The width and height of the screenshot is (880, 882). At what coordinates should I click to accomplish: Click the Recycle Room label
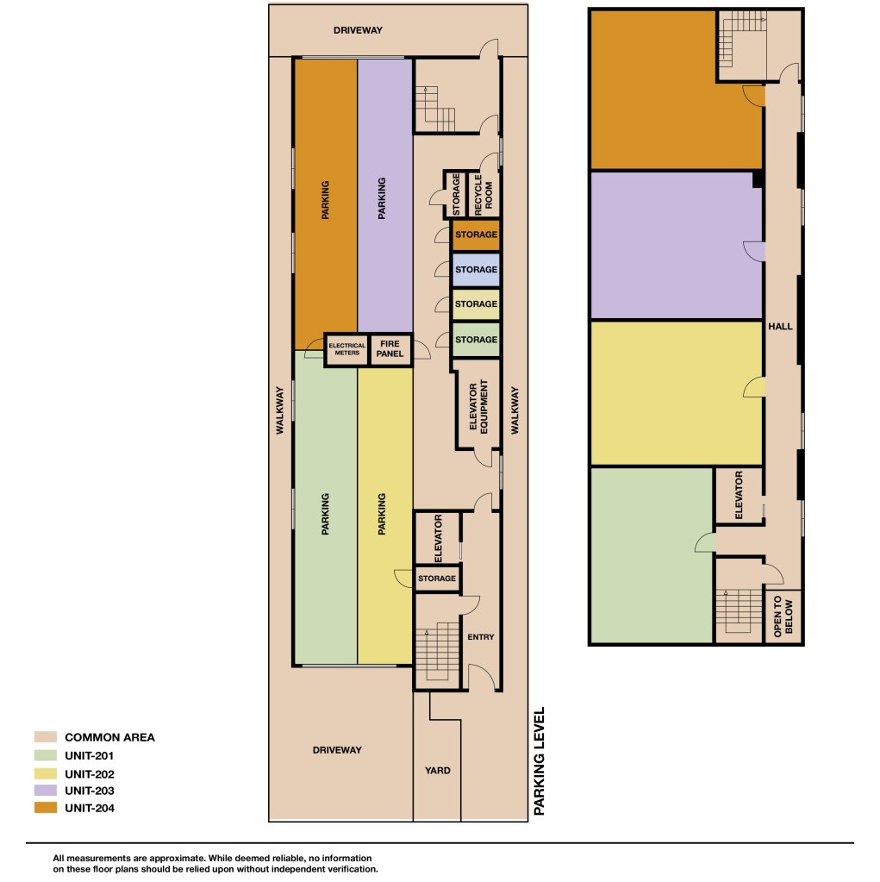coord(484,195)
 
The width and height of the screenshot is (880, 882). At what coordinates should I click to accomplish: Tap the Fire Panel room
coord(390,349)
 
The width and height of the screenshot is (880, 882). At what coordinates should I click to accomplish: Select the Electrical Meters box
coord(346,349)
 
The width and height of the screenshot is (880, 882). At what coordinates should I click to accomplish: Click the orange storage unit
coord(476,235)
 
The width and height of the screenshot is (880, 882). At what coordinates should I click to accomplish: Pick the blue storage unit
coord(476,270)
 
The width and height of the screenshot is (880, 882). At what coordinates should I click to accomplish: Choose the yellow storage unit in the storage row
coord(476,304)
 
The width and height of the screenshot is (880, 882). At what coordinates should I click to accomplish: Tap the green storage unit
coord(476,339)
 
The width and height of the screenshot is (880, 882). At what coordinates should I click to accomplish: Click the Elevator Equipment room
coord(477,404)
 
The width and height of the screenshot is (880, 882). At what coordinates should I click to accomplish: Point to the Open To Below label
coord(783,616)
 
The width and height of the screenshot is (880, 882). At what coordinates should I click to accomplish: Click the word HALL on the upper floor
coord(781,326)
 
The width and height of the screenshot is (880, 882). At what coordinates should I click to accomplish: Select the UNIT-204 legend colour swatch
coord(46,808)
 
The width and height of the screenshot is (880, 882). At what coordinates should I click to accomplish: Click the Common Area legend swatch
coord(46,737)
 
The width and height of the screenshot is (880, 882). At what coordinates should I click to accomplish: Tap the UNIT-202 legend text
coord(90,774)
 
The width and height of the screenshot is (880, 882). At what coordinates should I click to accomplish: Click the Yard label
coord(438,771)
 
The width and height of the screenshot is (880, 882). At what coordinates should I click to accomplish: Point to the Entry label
coord(481,637)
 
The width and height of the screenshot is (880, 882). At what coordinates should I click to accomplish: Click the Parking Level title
coord(540,761)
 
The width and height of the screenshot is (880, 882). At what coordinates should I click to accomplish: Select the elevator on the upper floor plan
coord(739,496)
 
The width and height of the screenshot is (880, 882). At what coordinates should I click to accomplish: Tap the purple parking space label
coord(382,198)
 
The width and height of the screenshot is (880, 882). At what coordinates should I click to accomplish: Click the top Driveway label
coord(358,30)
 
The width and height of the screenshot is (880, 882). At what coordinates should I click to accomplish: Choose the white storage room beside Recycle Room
coord(456,194)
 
